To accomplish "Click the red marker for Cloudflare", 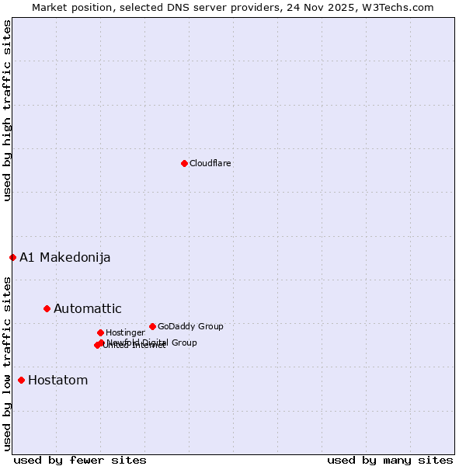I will (x=184, y=163).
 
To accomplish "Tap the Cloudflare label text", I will (x=210, y=164).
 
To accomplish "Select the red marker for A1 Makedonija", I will (x=12, y=257).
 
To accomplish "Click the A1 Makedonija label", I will (x=65, y=258).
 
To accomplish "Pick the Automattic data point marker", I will (x=47, y=308).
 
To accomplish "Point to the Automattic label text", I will (x=88, y=309).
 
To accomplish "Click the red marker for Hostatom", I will (x=21, y=380).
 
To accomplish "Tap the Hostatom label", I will (x=58, y=381).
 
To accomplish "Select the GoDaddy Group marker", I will (x=152, y=326).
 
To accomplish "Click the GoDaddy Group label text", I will (x=190, y=327).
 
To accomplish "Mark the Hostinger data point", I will (x=100, y=332).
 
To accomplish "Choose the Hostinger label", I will (x=126, y=333).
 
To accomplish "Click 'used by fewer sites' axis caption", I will (x=80, y=460).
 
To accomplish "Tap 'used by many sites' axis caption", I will (x=390, y=460).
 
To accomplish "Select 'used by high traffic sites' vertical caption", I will (x=7, y=111).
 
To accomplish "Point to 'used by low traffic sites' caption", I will (x=7, y=363).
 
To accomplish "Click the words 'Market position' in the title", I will (x=68, y=7).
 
